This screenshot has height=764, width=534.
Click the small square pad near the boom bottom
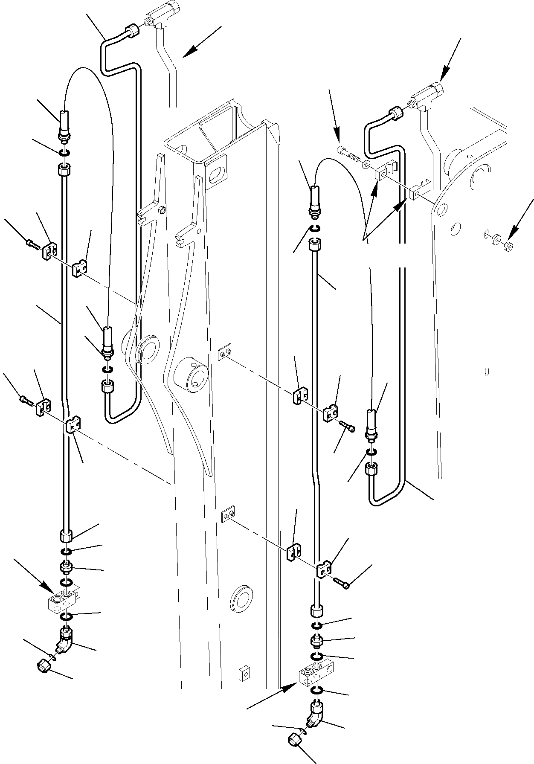point(243,684)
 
